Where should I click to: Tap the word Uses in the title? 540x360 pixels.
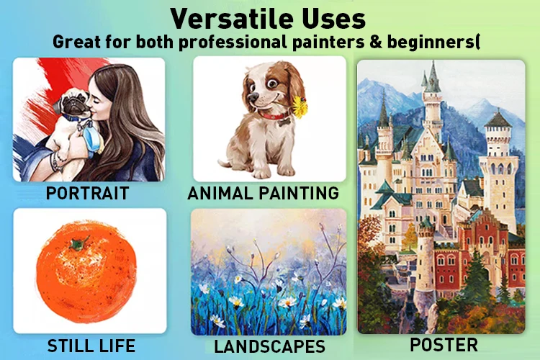334,19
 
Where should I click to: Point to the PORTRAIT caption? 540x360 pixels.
87,193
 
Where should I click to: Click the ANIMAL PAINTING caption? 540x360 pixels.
263,193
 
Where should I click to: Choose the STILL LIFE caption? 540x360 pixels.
91,346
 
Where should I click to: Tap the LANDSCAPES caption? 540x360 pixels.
270,346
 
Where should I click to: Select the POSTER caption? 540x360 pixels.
444,345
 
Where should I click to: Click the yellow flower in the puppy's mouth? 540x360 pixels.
300,107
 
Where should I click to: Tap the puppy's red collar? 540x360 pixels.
274,114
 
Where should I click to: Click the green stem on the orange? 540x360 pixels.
79,243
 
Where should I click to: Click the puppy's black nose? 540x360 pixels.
253,97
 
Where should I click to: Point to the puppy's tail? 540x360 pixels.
225,163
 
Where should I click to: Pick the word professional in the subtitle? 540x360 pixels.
233,42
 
